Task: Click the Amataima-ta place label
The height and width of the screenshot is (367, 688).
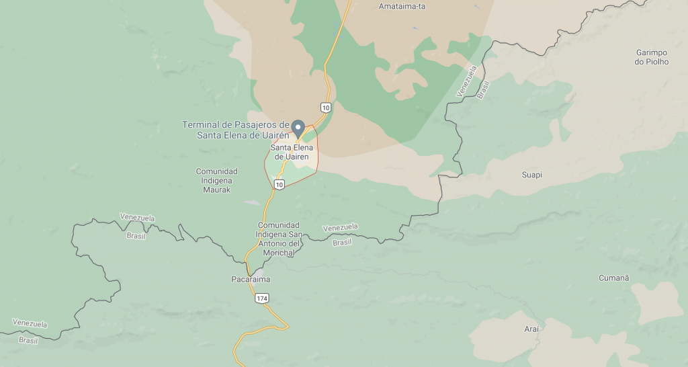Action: [402, 7]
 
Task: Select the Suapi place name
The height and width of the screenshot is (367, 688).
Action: [531, 175]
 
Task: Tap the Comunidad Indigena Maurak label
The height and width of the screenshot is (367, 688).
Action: [217, 181]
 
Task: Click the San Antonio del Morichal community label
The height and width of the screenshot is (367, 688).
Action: [277, 239]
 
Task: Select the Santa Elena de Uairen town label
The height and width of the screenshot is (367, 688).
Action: [292, 152]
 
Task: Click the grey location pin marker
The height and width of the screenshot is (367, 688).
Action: [298, 128]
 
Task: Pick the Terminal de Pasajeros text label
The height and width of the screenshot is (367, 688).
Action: [236, 130]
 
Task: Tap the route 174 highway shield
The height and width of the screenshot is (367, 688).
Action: [261, 297]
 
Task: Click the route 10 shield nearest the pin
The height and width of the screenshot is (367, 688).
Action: [325, 108]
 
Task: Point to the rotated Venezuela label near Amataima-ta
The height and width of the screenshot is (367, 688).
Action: [467, 81]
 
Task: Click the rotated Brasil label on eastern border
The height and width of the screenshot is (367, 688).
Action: [483, 89]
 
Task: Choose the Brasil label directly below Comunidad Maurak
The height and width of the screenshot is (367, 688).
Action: [136, 236]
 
